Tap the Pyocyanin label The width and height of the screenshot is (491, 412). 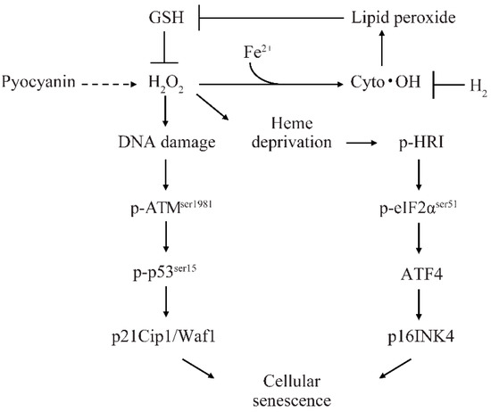pos(39,86)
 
